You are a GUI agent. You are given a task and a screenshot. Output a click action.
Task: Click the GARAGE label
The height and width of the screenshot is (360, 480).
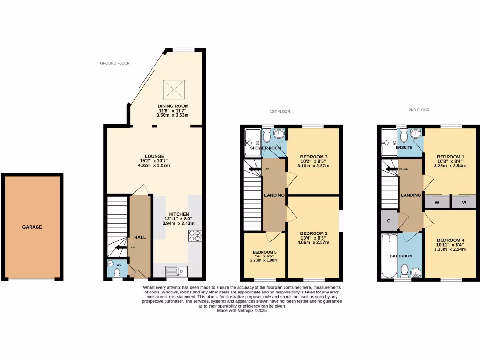(x=32, y=227)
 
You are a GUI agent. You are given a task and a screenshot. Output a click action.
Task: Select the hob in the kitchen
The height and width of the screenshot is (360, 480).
(x=195, y=235)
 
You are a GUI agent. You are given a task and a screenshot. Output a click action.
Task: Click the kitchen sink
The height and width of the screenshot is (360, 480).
(x=176, y=271)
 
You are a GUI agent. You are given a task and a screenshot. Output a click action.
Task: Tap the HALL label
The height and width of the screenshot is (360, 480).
(x=140, y=237)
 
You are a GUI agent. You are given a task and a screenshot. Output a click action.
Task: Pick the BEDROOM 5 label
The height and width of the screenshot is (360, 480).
(x=264, y=252)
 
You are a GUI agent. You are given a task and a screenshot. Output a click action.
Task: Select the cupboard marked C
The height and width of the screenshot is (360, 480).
(x=389, y=221)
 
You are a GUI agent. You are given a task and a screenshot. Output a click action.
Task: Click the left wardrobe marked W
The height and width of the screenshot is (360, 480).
(x=436, y=202)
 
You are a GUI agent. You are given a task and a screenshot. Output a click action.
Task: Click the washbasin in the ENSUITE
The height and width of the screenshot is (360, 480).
(x=415, y=135)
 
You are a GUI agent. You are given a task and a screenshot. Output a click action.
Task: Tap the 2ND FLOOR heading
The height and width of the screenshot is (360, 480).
(x=419, y=110)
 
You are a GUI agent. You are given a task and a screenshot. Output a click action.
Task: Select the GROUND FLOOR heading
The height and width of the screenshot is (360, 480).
(x=115, y=63)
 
